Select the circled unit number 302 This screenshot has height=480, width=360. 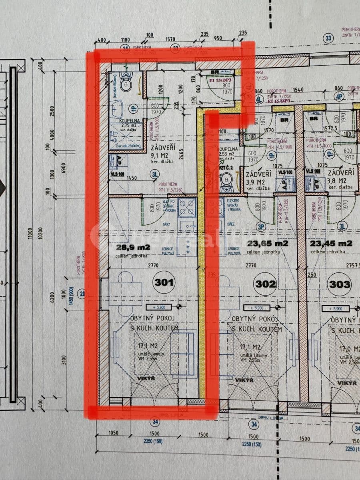pyautogui.click(x=266, y=284)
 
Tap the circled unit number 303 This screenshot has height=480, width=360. pyautogui.click(x=339, y=284)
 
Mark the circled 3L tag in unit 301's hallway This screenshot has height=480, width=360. pyautogui.click(x=154, y=174)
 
